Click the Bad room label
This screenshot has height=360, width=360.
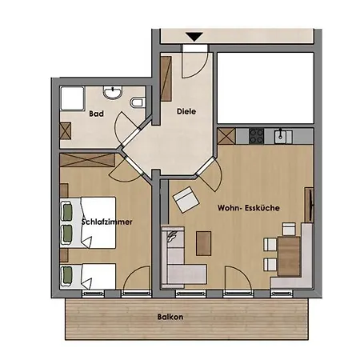(96, 114)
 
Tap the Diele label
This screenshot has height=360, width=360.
(186, 111)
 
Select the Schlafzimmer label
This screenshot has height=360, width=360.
(107, 222)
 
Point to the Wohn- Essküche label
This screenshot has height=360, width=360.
(249, 208)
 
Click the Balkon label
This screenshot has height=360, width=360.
(170, 317)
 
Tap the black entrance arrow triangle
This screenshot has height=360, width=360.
(194, 36)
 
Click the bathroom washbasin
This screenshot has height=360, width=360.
(113, 92)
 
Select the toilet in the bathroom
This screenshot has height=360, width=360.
(138, 102)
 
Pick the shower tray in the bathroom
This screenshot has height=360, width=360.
(73, 98)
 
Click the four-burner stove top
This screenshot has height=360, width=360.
(257, 136)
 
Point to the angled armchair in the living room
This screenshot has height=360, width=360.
(186, 199)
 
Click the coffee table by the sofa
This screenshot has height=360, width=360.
(204, 243)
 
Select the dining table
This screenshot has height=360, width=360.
(290, 256)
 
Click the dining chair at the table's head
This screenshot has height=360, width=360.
(289, 230)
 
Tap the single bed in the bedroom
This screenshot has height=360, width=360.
(88, 276)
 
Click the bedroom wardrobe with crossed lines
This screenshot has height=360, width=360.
(87, 160)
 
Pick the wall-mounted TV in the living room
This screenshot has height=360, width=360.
(310, 205)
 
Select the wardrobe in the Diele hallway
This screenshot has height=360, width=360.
(166, 78)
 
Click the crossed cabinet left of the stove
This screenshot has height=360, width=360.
(226, 136)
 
